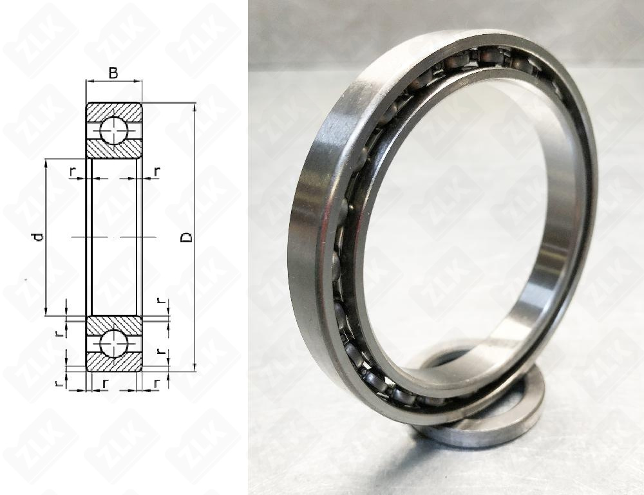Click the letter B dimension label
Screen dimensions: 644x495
[x=113, y=73]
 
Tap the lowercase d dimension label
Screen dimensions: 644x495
[x=38, y=237]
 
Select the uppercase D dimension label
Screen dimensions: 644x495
[x=187, y=237]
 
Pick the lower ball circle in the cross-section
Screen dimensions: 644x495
[x=113, y=344]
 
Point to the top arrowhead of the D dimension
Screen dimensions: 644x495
[x=194, y=107]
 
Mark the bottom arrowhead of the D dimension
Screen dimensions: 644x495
[x=194, y=368]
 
